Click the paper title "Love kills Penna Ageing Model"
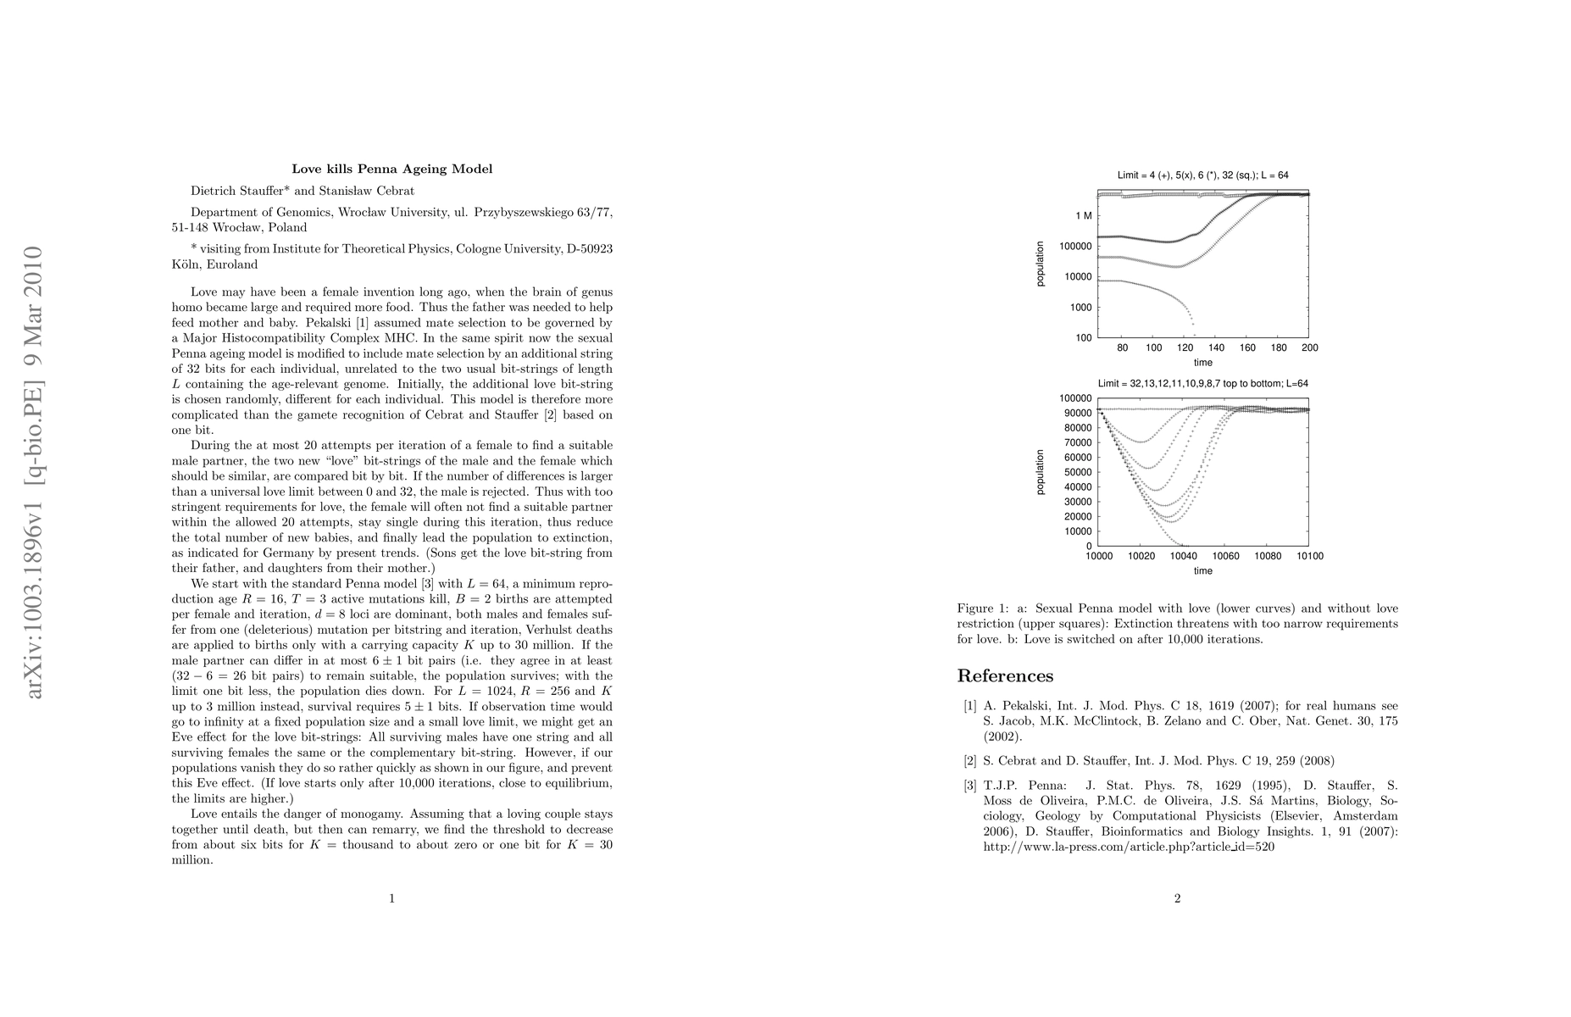[x=391, y=169]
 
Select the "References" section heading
[x=1005, y=675]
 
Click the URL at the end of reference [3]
[x=1129, y=846]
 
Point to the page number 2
[x=1177, y=898]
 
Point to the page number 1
[x=391, y=898]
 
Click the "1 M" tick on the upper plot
[x=1083, y=216]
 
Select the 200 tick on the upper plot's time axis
[x=1309, y=347]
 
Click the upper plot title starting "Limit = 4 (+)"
[x=1202, y=175]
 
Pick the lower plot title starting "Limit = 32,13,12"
[x=1202, y=383]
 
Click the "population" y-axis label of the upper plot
[x=1040, y=264]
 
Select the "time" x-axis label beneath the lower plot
[x=1202, y=570]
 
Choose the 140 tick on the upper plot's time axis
[x=1216, y=347]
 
